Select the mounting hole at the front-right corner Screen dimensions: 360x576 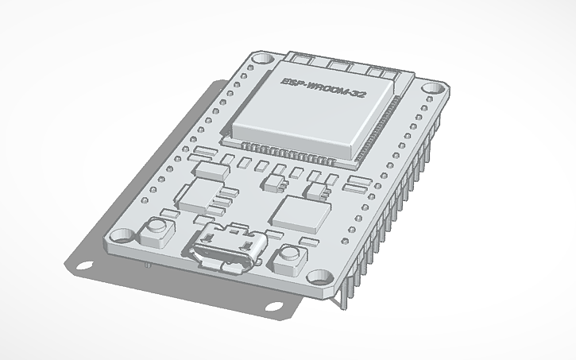pos(322,277)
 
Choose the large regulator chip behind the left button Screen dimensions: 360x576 pos(199,193)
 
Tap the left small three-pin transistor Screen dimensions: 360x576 pos(273,184)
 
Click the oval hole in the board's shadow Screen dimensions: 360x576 pos(273,307)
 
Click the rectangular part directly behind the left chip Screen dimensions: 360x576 pos(211,170)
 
